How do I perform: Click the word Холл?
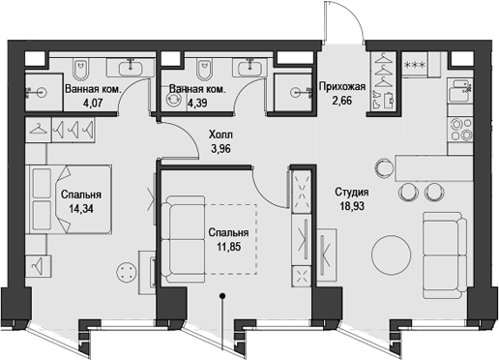[x=222, y=136]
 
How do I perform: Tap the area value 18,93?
[x=352, y=206]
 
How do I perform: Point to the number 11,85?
[x=228, y=248]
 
